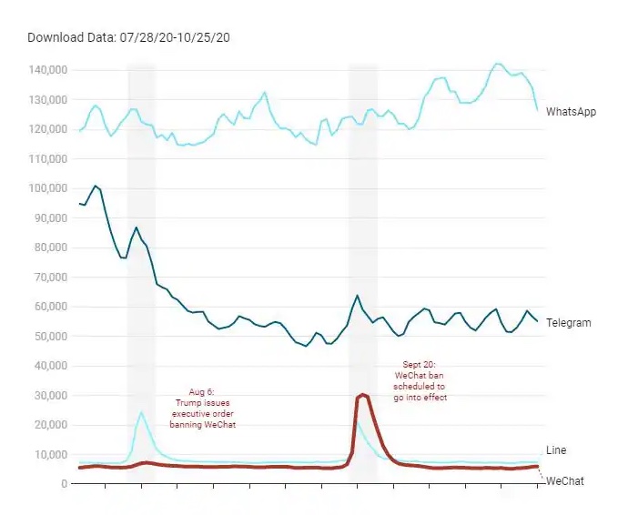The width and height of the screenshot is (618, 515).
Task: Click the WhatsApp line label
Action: click(571, 112)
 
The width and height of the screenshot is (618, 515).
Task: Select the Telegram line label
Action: click(569, 323)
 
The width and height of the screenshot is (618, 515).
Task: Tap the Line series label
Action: click(555, 450)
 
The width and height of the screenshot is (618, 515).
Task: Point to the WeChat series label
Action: click(564, 480)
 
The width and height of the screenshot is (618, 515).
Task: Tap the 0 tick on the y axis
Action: click(64, 484)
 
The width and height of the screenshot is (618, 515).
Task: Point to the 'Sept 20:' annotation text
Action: click(420, 364)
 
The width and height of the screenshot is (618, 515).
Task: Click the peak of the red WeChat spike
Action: click(363, 394)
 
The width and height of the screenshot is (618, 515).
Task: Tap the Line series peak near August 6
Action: click(141, 413)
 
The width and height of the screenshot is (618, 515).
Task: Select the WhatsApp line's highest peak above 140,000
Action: click(497, 64)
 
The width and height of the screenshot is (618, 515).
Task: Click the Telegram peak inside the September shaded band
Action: click(357, 296)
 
